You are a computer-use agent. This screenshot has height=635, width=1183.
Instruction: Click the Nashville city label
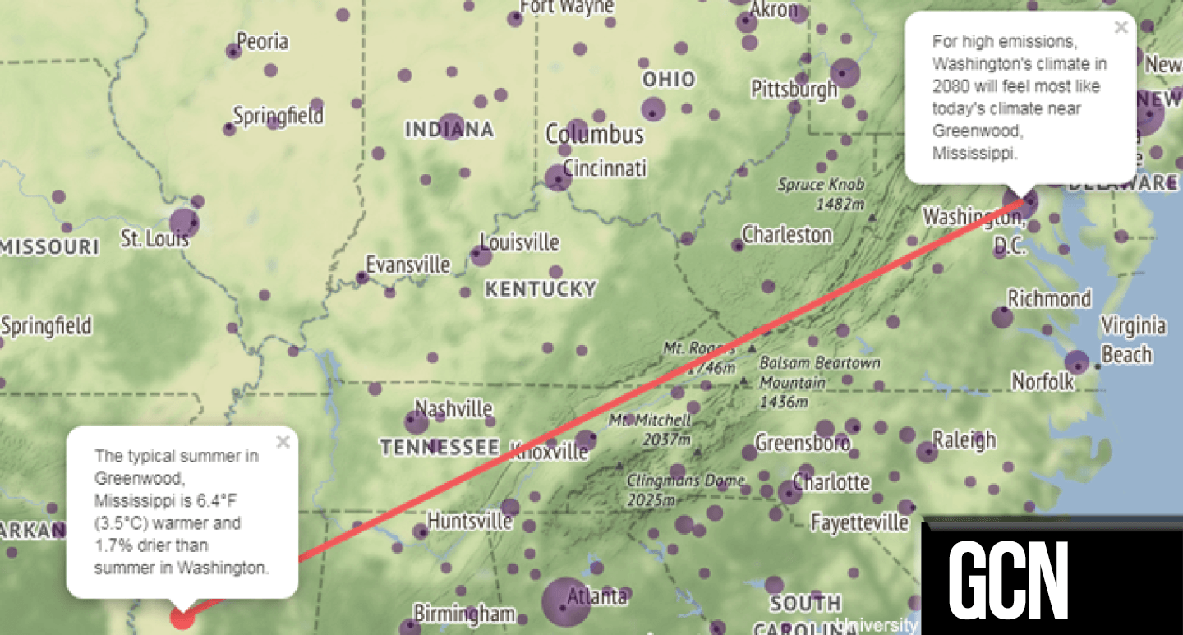(x=453, y=408)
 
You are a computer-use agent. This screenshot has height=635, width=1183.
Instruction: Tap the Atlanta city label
(x=597, y=596)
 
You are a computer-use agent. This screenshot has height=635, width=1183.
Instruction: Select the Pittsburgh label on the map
(x=794, y=89)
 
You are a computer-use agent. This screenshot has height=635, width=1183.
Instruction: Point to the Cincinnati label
(x=605, y=168)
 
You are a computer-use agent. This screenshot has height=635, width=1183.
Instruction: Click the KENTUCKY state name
(x=540, y=289)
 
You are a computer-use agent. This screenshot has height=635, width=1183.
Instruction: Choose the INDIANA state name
(x=449, y=130)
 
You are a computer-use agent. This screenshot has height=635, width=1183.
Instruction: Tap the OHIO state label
(x=669, y=80)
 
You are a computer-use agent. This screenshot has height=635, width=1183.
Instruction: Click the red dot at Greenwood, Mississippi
(x=182, y=618)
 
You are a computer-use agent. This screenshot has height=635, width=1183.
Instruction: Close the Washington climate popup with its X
(x=1121, y=27)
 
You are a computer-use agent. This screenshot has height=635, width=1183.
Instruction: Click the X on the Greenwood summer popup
(x=283, y=442)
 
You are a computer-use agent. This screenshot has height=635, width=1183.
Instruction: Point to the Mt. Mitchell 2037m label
(x=650, y=430)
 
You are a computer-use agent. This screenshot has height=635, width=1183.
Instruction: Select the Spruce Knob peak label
(x=822, y=194)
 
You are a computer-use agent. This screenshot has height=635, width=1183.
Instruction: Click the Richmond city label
(x=1049, y=298)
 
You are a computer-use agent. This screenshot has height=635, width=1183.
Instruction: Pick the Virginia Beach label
(x=1132, y=339)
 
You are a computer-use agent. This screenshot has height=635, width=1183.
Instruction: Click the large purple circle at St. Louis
(x=184, y=222)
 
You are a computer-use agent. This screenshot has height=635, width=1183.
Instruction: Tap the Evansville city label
(x=407, y=265)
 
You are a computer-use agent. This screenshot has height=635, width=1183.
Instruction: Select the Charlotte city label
(x=831, y=481)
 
